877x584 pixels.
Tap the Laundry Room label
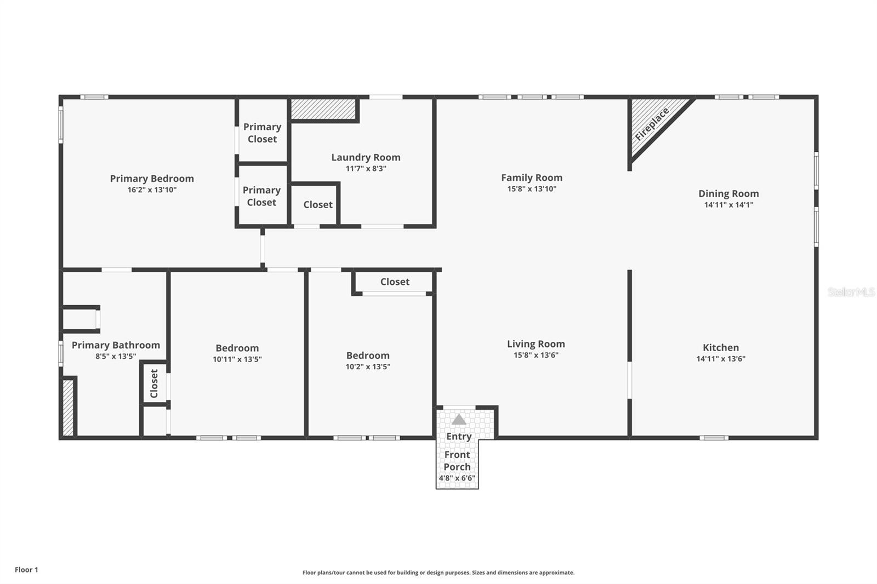pos(366,157)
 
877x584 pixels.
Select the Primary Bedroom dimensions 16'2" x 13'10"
pos(152,190)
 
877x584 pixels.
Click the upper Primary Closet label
pos(262,133)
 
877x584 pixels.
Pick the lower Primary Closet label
pos(261,196)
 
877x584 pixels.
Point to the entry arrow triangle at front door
pos(459,420)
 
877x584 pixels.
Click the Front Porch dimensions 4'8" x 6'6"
pos(457,478)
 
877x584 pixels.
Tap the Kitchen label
pos(721,347)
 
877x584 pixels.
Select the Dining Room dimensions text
pos(728,205)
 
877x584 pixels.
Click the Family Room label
pos(532,178)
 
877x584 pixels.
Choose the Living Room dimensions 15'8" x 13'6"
pos(536,355)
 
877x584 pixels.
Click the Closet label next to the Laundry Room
pos(318,204)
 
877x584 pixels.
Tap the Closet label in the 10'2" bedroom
pos(395,282)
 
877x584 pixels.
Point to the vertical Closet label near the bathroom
pos(154,383)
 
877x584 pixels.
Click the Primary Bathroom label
pos(116,345)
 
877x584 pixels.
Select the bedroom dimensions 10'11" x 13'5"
pos(237,359)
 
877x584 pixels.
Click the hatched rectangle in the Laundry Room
pos(323,109)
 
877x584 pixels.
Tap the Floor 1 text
pos(26,570)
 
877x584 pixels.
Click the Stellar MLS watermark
pos(851,292)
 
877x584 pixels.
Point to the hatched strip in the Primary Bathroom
pos(67,408)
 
